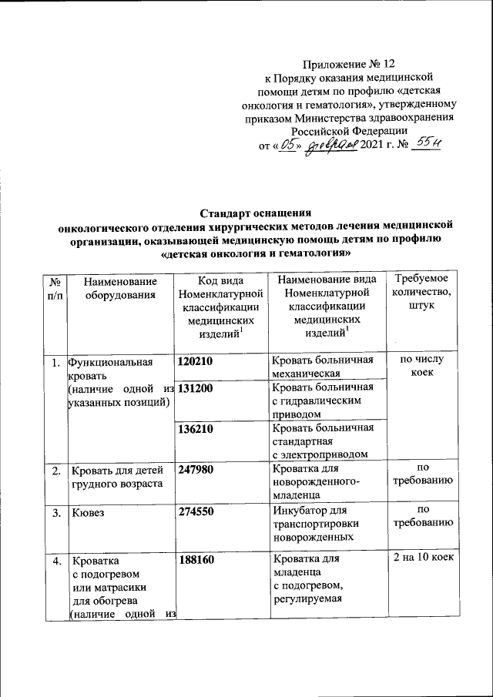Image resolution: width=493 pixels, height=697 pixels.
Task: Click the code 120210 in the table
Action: pos(196,361)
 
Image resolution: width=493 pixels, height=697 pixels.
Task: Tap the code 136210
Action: pos(196,429)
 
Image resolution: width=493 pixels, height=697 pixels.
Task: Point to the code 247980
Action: pos(196,469)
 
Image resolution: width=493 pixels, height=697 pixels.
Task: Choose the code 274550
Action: pos(196,511)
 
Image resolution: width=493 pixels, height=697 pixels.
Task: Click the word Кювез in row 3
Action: pos(87,511)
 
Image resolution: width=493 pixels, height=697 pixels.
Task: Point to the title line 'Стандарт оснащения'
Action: pos(255,213)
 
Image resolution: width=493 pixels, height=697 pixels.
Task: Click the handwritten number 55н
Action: pos(425,143)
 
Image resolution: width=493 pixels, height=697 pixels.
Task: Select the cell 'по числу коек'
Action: pos(421,367)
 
